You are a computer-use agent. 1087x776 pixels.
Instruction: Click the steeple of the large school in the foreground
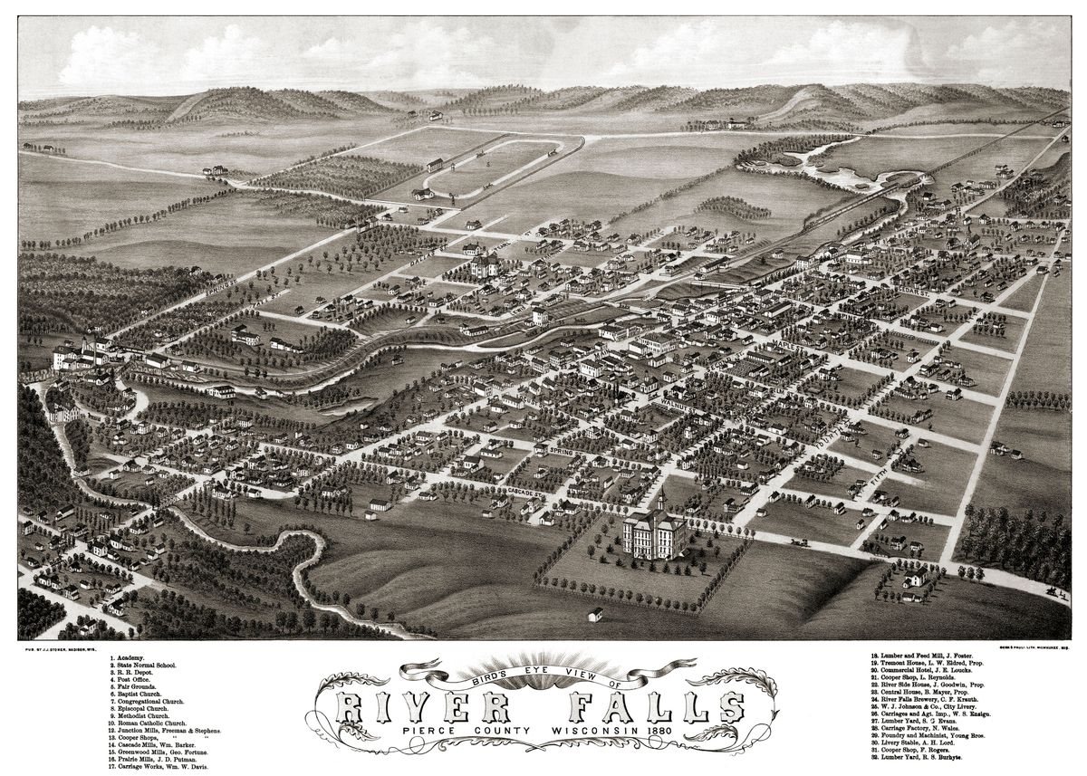click(659, 496)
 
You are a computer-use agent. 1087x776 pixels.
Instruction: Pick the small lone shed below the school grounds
click(595, 615)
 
